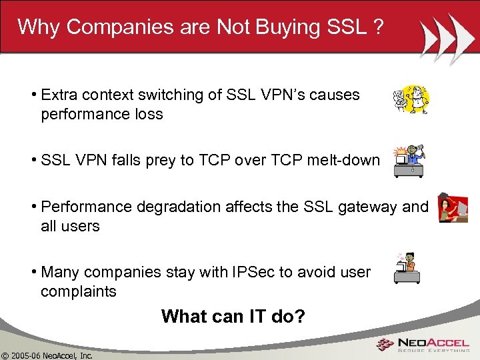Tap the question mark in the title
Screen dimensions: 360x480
click(378, 27)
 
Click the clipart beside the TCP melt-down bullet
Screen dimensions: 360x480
click(409, 161)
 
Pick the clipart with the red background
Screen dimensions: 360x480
click(453, 208)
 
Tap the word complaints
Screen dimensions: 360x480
click(78, 291)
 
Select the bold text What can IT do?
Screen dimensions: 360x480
click(233, 316)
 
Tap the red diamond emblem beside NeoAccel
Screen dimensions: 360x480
click(385, 345)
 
